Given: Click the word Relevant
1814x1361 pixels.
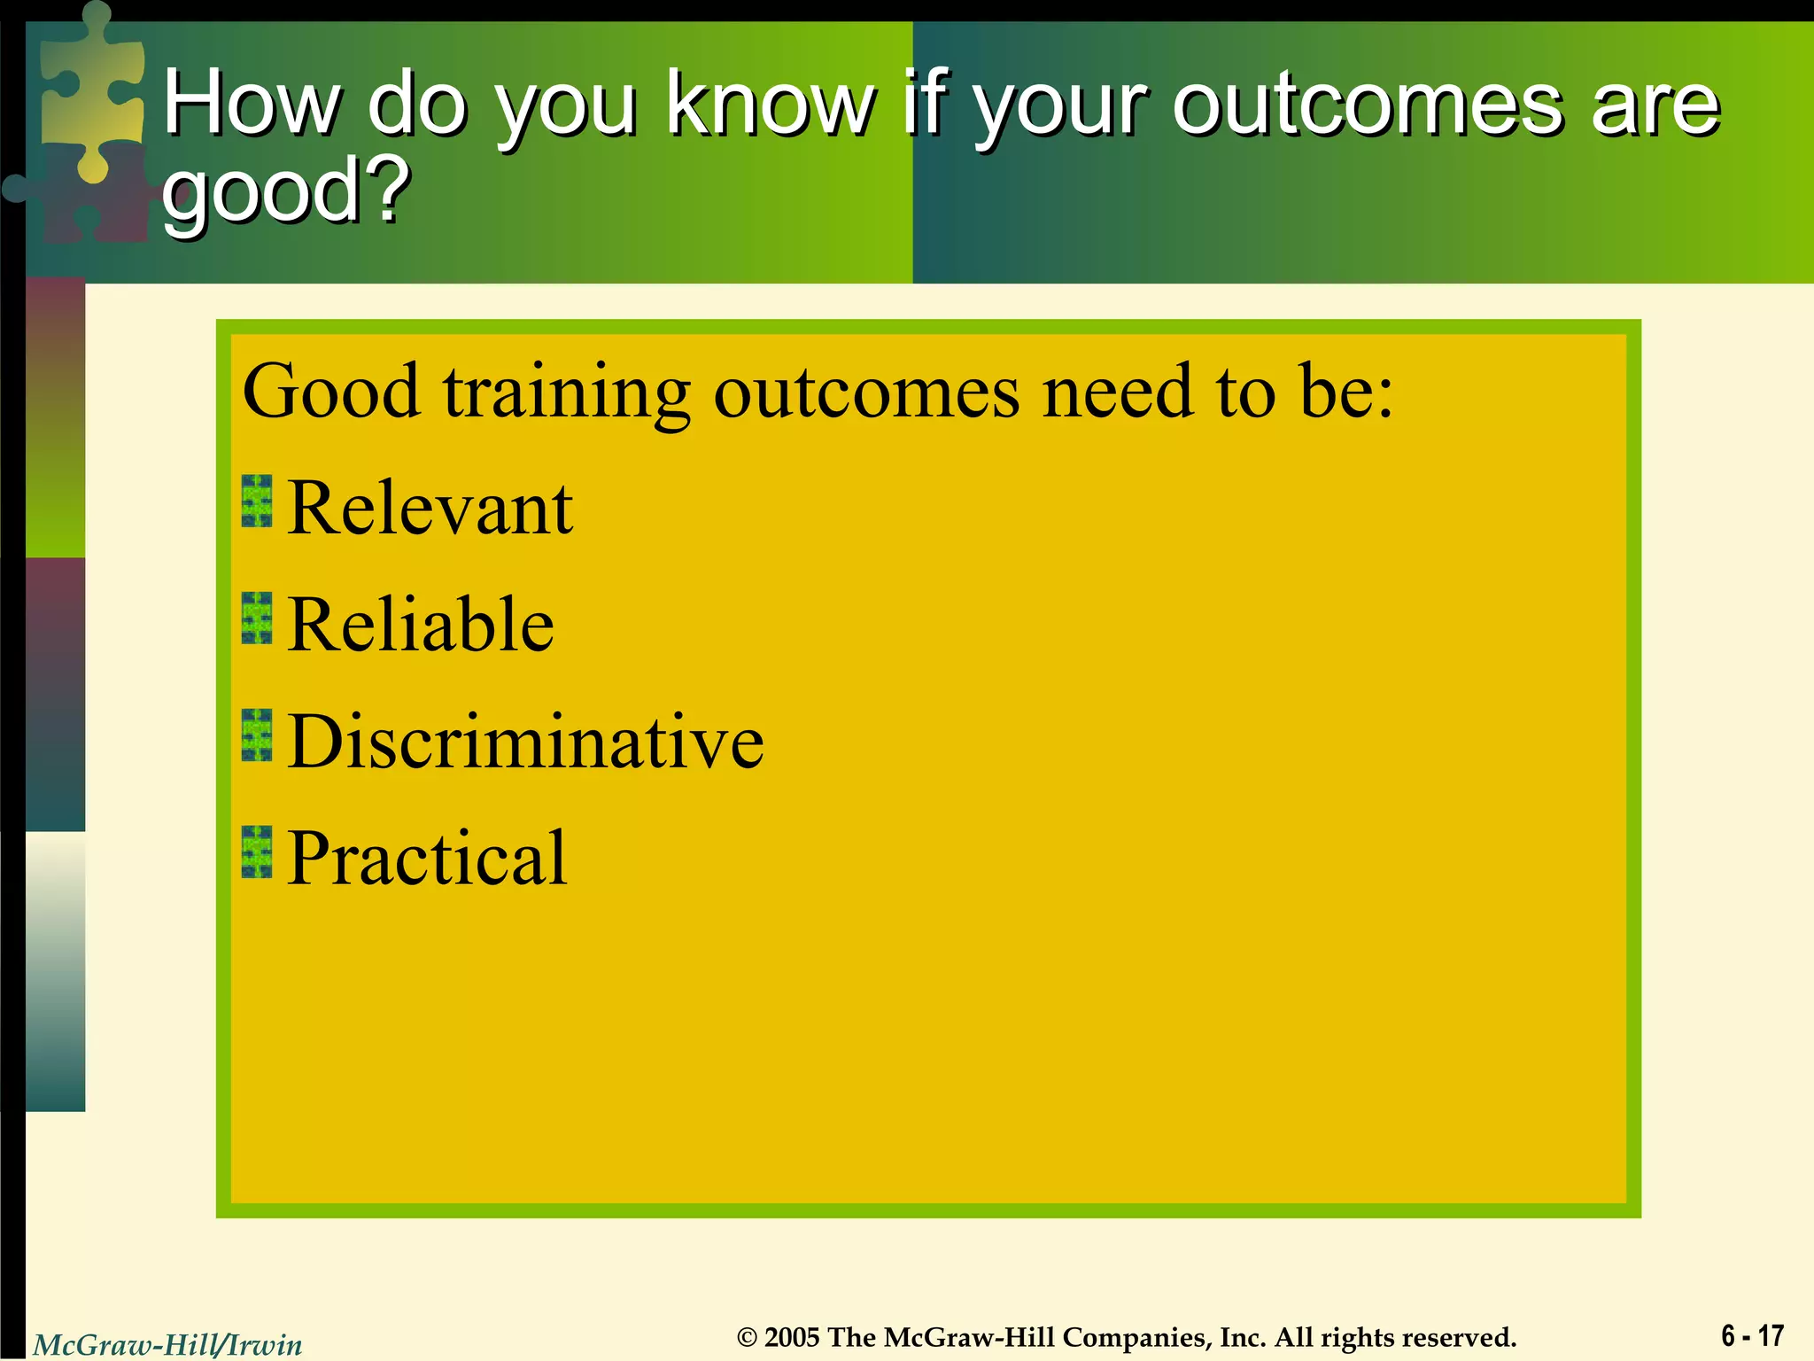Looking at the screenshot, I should tap(430, 509).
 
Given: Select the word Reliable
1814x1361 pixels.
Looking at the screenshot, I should tap(420, 626).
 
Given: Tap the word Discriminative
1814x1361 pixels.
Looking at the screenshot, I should tap(525, 743).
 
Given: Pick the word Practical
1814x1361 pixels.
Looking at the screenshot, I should tap(426, 859).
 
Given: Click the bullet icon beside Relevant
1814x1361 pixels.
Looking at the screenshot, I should tap(257, 502).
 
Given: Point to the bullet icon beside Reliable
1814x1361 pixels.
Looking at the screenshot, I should tap(257, 618).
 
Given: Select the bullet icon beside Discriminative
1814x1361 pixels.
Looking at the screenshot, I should tap(257, 735).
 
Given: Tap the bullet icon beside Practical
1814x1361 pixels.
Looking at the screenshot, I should tap(257, 852).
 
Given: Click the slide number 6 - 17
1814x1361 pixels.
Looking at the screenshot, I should tap(1752, 1335).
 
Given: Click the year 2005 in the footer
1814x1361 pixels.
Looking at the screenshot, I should tap(792, 1337).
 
